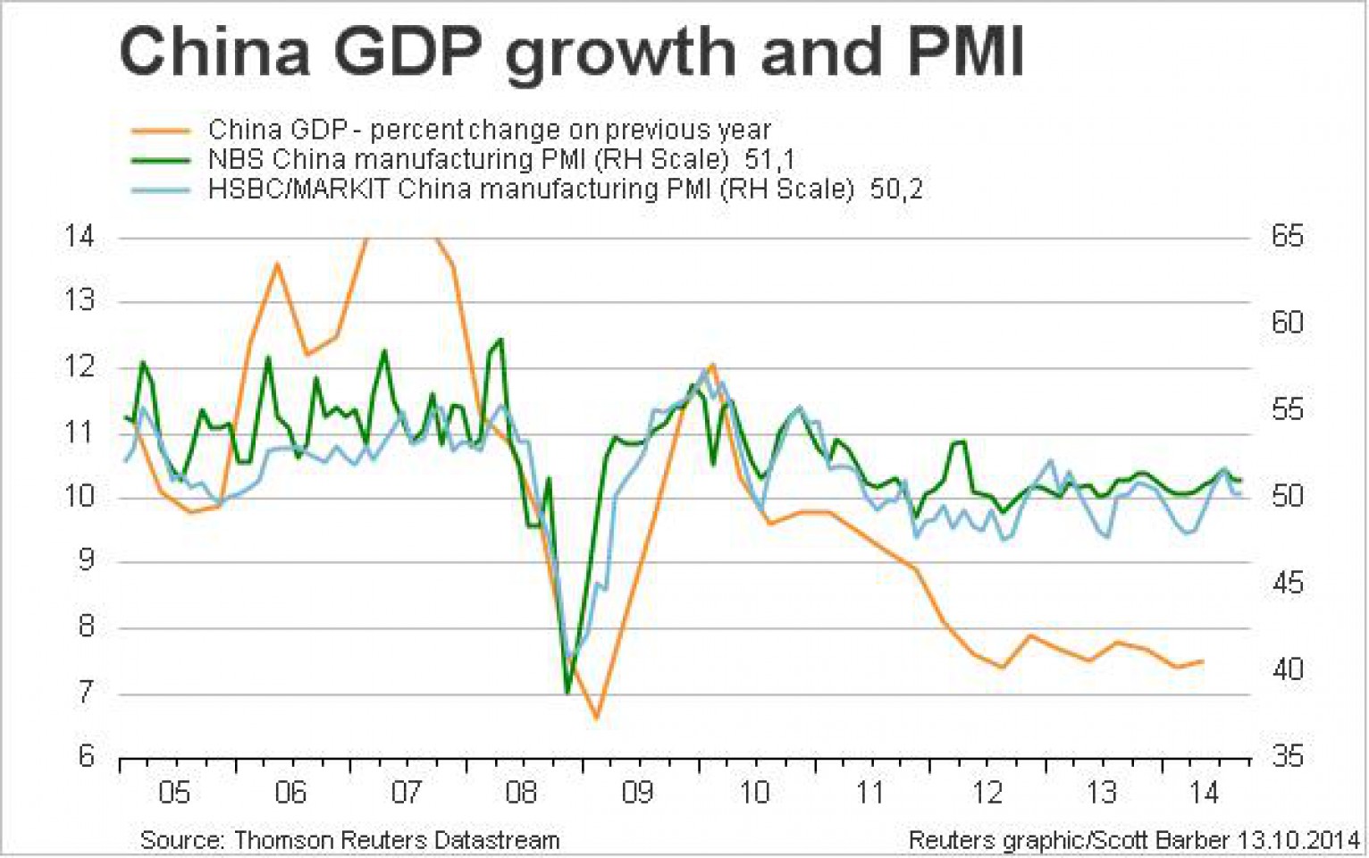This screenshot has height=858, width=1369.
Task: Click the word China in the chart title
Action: pyautogui.click(x=214, y=52)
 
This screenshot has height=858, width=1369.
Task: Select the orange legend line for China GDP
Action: pyautogui.click(x=161, y=130)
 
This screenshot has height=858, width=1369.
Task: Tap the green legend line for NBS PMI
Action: pyautogui.click(x=161, y=160)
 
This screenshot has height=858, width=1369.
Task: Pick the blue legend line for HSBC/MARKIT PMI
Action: pyautogui.click(x=161, y=189)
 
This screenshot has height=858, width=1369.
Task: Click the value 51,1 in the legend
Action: pyautogui.click(x=768, y=160)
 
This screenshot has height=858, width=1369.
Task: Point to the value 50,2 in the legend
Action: pyautogui.click(x=896, y=189)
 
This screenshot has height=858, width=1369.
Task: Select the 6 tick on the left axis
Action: pyautogui.click(x=86, y=756)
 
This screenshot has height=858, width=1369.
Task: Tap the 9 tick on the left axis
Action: pyautogui.click(x=86, y=560)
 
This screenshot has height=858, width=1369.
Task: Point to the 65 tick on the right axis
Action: pyautogui.click(x=1287, y=237)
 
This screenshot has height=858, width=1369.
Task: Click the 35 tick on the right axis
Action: pyautogui.click(x=1287, y=756)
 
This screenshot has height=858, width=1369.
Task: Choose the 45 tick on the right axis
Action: pyautogui.click(x=1287, y=584)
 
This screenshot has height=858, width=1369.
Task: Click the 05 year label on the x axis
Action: pyautogui.click(x=174, y=793)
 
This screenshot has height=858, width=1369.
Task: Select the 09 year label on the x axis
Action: pyautogui.click(x=637, y=793)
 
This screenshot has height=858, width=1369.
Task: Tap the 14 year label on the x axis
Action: pyautogui.click(x=1205, y=793)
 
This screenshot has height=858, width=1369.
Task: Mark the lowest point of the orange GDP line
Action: pyautogui.click(x=596, y=717)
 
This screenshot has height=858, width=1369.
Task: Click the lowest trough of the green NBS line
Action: pyautogui.click(x=567, y=692)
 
